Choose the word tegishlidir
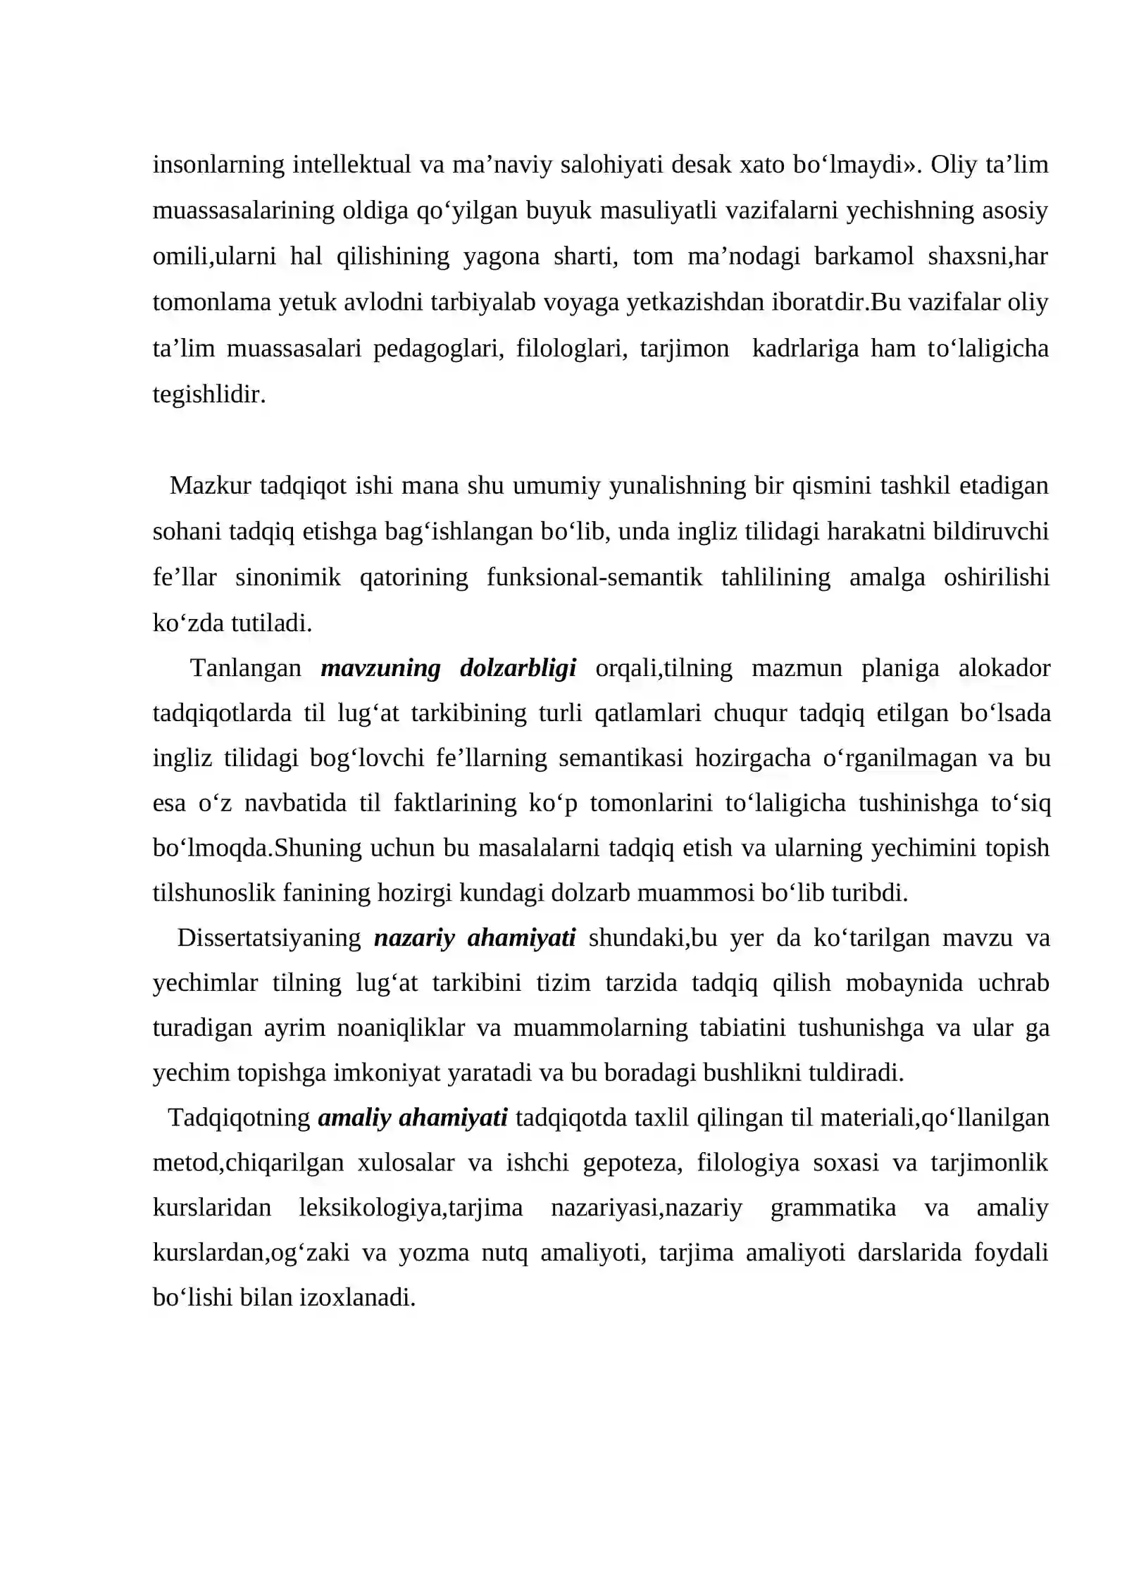click(x=209, y=394)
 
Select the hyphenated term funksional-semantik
click(x=594, y=577)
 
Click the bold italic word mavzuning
click(x=380, y=668)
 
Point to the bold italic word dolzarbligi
click(x=518, y=668)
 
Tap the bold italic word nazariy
click(x=414, y=938)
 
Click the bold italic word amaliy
click(x=354, y=1118)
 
